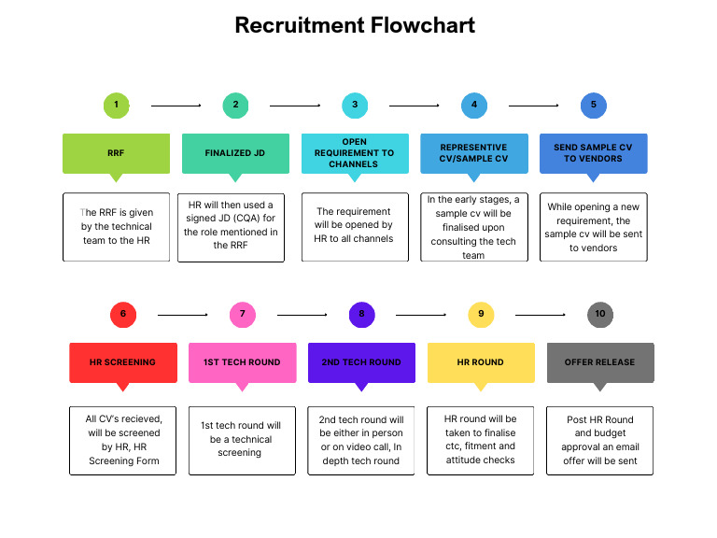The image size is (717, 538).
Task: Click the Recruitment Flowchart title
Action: pos(355,25)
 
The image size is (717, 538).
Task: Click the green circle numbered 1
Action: pos(116,105)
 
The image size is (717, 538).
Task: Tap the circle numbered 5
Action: pos(593,105)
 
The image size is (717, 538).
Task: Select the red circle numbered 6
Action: pos(123,314)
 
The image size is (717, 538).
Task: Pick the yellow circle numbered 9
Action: pos(481,314)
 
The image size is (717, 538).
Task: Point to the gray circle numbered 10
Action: pos(600,314)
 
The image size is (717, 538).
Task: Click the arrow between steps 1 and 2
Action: pos(176,106)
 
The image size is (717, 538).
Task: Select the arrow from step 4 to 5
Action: pos(533,106)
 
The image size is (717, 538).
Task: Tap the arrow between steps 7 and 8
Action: pos(302,315)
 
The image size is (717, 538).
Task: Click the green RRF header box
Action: pos(116,153)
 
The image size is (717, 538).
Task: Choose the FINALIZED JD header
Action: pos(235,153)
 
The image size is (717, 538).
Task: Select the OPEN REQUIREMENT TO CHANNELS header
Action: pos(355,153)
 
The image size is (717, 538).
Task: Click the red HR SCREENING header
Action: pos(123,362)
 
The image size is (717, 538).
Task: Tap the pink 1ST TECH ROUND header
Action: pos(243,362)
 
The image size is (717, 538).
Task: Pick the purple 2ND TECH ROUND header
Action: pos(361,362)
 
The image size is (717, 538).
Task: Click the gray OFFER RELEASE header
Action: pos(600,362)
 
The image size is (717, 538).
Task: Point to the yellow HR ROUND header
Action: pos(481,362)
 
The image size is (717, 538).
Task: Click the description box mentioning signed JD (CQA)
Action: pos(231,227)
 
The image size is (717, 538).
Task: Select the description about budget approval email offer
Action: pos(599,440)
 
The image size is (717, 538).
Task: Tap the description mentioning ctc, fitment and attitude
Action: pos(480,440)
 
